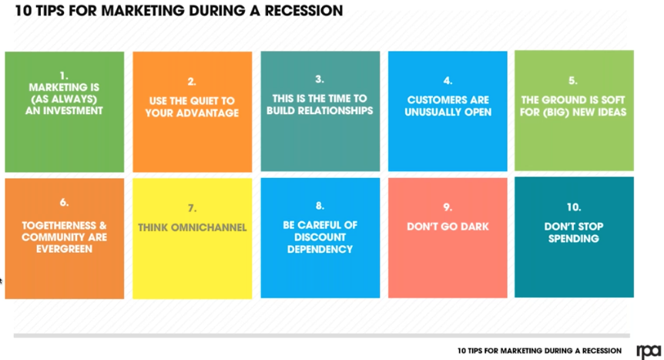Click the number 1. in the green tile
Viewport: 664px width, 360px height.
click(x=64, y=76)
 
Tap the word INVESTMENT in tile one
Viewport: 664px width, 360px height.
click(x=64, y=110)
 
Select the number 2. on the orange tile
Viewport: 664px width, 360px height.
click(x=192, y=81)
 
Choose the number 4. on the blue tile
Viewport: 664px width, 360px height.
click(x=448, y=80)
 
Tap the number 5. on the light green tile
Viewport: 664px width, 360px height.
click(x=573, y=79)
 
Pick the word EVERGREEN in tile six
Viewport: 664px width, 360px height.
click(x=64, y=249)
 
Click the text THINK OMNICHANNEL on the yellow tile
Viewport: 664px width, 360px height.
click(x=192, y=227)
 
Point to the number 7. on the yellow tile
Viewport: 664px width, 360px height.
click(x=192, y=207)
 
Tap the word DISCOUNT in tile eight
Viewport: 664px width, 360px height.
click(x=320, y=237)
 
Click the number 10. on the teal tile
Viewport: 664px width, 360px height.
click(x=573, y=207)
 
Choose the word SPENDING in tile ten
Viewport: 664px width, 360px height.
click(x=573, y=238)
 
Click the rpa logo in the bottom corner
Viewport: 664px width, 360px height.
click(x=647, y=352)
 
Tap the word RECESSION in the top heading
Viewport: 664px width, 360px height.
click(x=298, y=12)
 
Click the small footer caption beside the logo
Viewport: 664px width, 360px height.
click(x=538, y=351)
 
